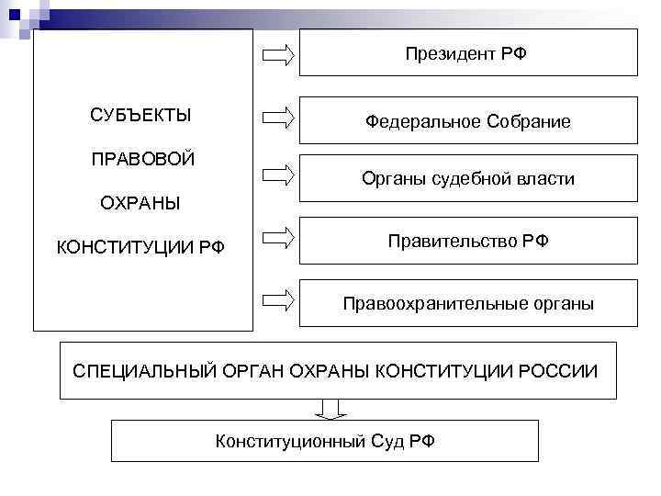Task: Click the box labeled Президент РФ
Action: tap(468, 52)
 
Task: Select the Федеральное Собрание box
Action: tap(468, 121)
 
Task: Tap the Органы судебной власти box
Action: tap(468, 179)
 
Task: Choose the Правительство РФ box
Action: tap(468, 241)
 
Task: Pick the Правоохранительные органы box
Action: tap(468, 303)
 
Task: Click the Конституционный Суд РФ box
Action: tap(325, 441)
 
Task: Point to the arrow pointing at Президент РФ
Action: tap(278, 55)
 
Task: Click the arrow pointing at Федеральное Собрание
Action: tap(278, 117)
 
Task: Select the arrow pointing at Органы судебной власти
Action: tap(278, 175)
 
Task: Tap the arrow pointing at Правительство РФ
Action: tap(278, 239)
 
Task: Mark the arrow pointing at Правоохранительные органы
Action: tap(278, 299)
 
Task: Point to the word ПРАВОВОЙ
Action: tap(143, 159)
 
